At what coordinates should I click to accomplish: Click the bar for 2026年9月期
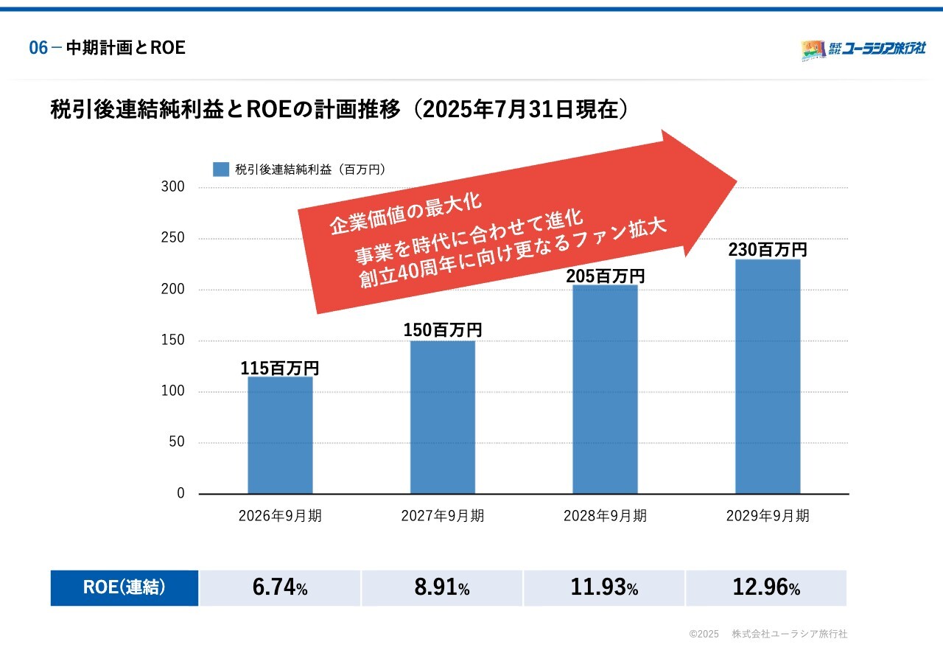coord(280,435)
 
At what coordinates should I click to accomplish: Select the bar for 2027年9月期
coord(443,417)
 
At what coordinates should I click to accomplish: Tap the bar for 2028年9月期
coord(605,389)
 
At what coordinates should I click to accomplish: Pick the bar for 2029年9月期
coord(768,377)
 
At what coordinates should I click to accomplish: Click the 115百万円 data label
coord(280,369)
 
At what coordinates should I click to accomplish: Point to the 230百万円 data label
coord(768,250)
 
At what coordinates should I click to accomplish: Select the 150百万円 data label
coord(443,330)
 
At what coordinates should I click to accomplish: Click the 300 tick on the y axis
coord(173,187)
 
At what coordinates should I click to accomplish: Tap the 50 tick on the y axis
coord(177,442)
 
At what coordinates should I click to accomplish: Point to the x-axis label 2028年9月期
coord(605,516)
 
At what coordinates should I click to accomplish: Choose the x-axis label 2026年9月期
coord(280,516)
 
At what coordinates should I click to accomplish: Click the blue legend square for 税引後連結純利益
coord(221,170)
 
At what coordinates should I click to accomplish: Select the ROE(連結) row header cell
coord(125,588)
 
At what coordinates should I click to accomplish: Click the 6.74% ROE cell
coord(280,588)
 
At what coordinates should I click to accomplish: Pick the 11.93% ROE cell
coord(604,588)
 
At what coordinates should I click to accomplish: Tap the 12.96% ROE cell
coord(766,588)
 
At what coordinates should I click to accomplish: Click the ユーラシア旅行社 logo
coord(863,49)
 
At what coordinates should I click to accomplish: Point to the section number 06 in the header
coord(38,49)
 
